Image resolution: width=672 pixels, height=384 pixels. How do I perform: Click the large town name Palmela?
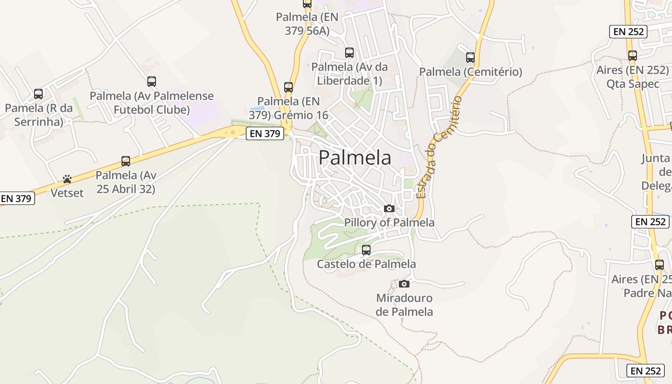355,157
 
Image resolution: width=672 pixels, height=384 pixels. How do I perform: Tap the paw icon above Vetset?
67,179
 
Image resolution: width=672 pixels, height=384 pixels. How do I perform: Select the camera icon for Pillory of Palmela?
389,208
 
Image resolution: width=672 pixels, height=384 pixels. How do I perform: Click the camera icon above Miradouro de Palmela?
404,284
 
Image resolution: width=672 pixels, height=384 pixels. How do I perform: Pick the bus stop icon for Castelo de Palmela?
366,250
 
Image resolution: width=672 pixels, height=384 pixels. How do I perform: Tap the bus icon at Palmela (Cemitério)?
470,57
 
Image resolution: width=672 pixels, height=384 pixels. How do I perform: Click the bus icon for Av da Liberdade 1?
349,52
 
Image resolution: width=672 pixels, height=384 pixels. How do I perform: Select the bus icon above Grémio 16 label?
288,87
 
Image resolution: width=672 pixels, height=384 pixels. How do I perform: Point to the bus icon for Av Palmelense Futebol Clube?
152,81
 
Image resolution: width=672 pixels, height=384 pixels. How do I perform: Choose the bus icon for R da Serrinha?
38,94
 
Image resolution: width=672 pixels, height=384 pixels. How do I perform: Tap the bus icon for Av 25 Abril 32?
126,161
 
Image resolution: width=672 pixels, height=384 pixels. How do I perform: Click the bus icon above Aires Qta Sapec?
633,55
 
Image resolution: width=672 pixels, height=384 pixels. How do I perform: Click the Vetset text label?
67,193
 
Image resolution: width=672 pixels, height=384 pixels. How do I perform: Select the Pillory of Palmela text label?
389,222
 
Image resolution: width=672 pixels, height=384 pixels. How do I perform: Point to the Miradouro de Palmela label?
404,305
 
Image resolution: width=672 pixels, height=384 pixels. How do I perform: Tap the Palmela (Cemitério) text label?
470,72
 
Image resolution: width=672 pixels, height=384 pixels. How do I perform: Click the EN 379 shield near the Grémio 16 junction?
264,133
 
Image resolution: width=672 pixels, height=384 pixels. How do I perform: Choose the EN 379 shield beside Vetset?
17,198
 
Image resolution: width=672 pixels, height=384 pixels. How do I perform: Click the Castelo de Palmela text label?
366,264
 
